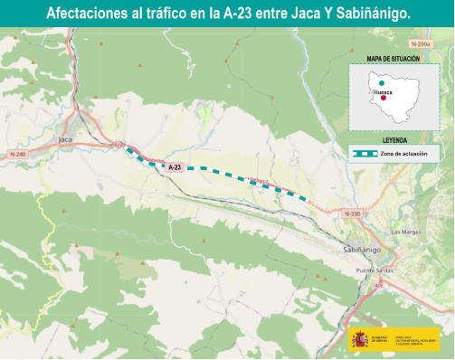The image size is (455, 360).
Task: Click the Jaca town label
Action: [65, 139]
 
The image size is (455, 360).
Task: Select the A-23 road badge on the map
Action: [175, 166]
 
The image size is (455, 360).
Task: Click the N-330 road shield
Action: [353, 213]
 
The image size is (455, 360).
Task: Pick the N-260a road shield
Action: [420, 43]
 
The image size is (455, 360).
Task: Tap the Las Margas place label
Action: [404, 232]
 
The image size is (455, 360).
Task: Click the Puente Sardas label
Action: [374, 270]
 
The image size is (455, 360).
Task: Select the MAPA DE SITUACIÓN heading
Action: [393, 59]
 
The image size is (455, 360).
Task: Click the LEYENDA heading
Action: [394, 141]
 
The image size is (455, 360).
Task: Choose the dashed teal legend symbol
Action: [365, 154]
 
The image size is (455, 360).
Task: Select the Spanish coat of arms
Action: [360, 340]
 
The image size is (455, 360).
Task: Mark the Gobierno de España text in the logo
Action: [380, 340]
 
